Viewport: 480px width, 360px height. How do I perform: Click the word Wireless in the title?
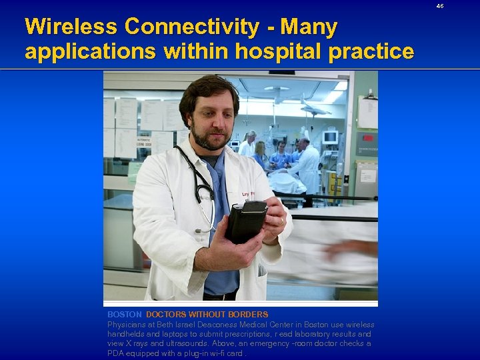(71, 27)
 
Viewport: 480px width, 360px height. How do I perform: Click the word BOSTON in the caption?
(125, 314)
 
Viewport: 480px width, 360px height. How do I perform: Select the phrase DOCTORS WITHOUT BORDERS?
(207, 314)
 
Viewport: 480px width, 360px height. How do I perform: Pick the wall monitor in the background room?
(329, 137)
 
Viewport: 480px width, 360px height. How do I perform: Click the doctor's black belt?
(220, 295)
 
